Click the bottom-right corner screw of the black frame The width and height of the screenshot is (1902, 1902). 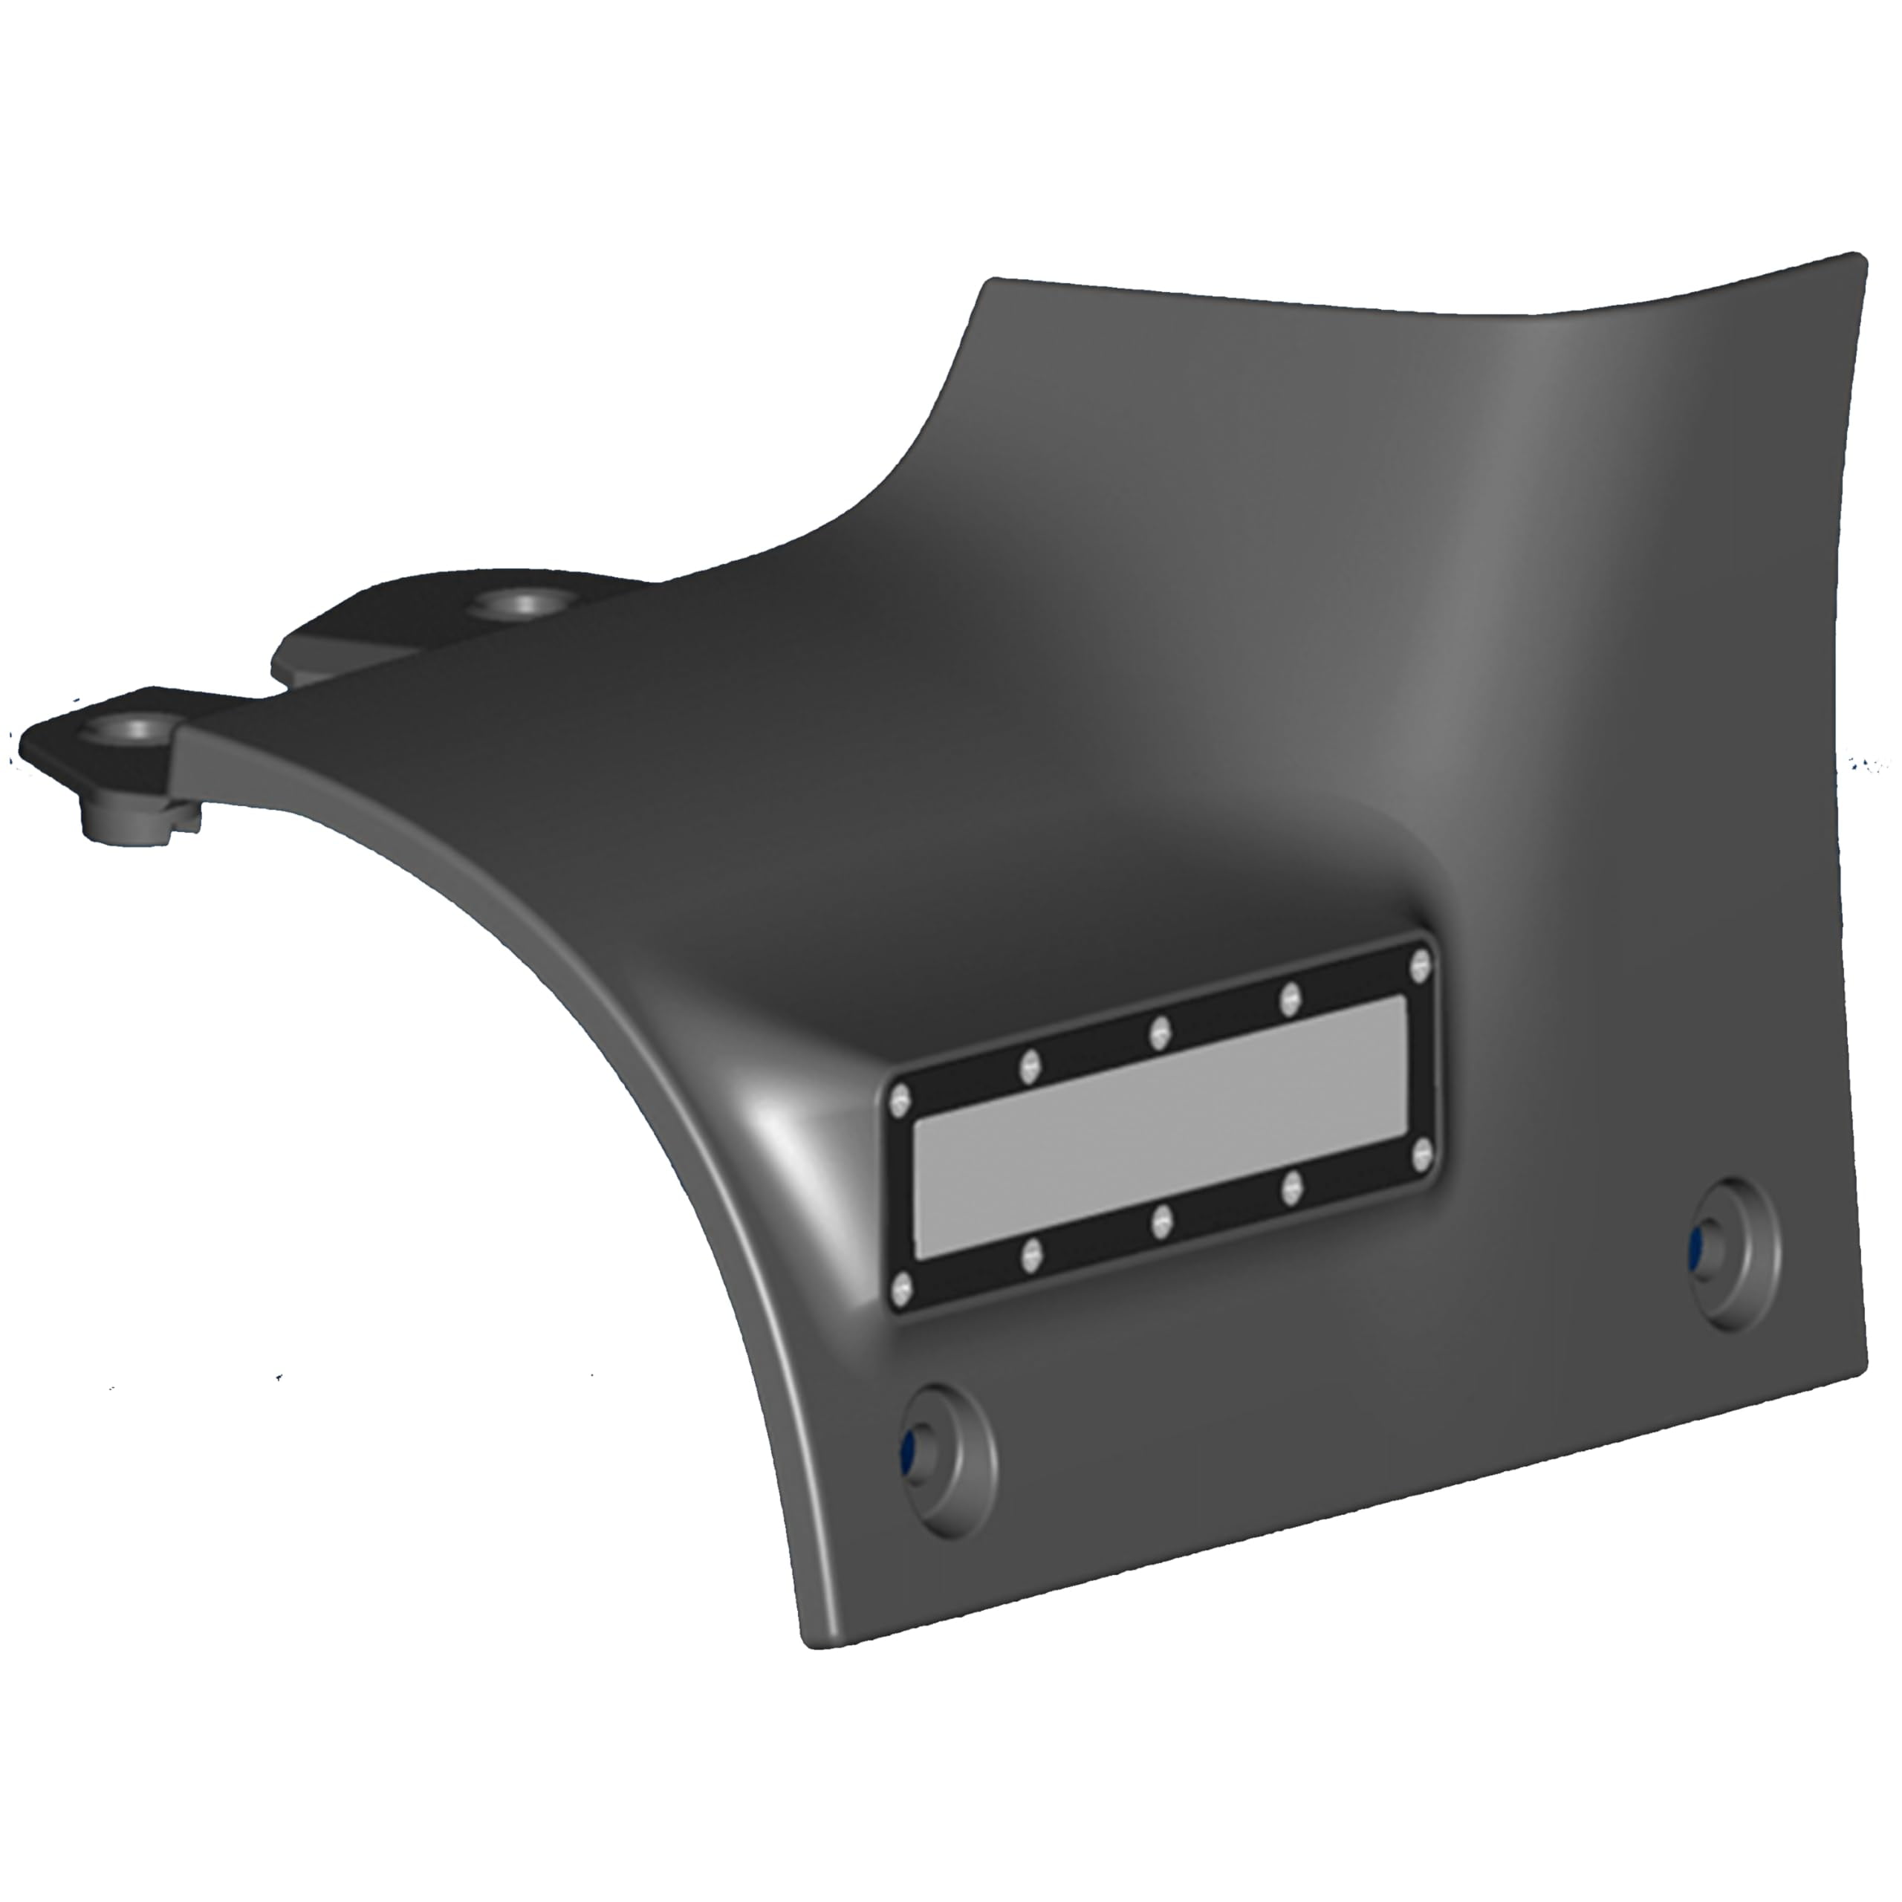click(x=1420, y=1155)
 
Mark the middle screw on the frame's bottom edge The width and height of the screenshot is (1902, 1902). click(x=1162, y=1221)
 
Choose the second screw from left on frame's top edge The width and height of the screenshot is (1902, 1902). click(x=1030, y=1065)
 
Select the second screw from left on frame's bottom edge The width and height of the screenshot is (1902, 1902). click(x=1030, y=1254)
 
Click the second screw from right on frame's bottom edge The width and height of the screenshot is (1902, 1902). click(x=1291, y=1188)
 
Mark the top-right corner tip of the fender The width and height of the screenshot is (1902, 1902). click(x=1859, y=258)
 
